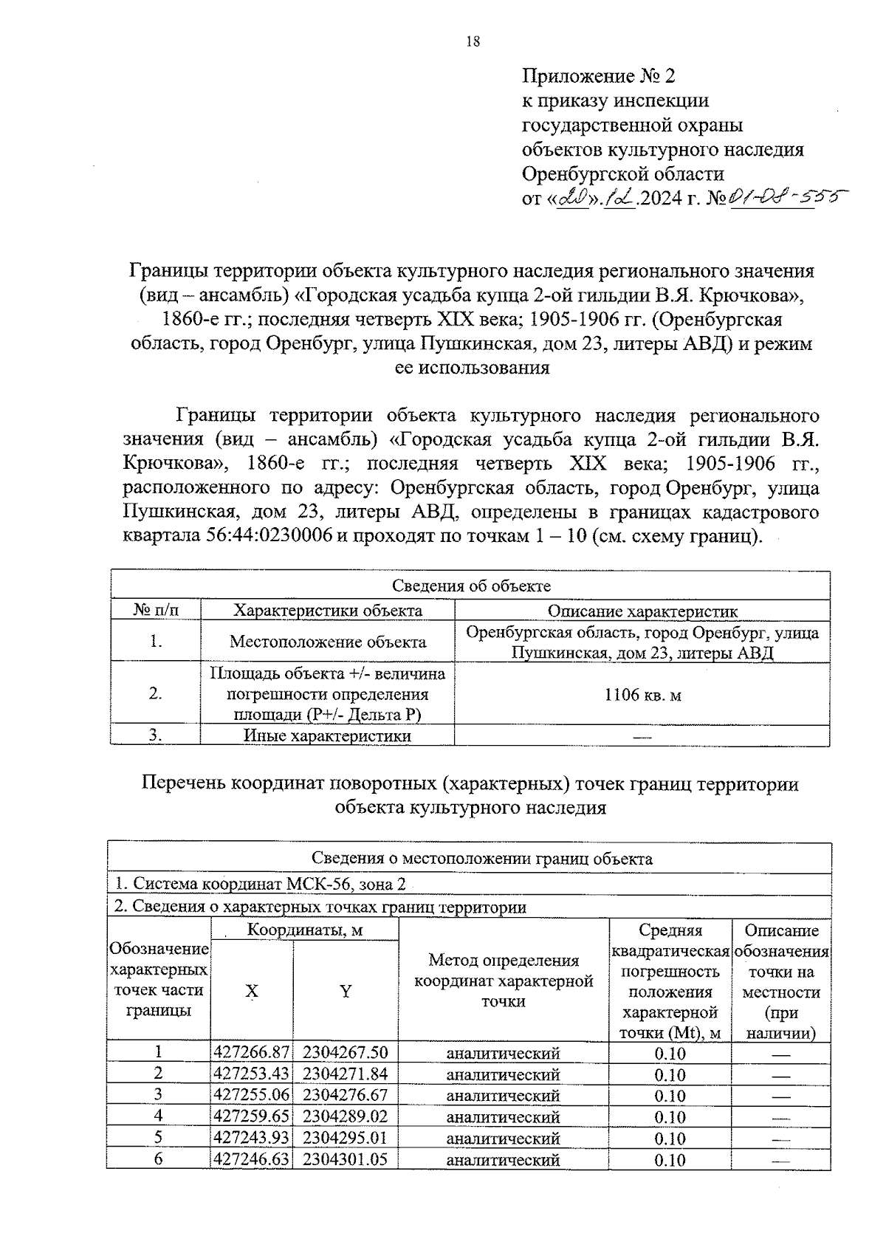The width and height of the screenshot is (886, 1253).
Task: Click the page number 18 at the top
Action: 473,42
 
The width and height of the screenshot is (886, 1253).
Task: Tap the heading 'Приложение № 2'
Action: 598,76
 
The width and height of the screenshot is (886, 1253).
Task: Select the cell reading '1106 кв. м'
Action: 642,694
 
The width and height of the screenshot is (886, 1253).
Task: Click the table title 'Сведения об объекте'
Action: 470,586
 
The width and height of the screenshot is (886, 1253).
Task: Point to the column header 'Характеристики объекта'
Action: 328,611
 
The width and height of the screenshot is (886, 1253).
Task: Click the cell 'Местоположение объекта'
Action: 328,642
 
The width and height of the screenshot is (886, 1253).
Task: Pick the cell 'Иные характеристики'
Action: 328,736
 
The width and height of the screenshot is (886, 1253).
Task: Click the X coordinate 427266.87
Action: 251,1053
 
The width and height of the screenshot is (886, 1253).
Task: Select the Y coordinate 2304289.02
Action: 345,1116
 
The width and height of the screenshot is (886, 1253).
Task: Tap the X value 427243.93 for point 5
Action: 251,1138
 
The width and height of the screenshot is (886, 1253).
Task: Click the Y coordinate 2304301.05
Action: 345,1159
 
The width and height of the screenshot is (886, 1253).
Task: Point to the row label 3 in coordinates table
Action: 158,1095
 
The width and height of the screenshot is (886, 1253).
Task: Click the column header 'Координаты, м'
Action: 304,930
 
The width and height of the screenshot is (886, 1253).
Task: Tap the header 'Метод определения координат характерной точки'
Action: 504,981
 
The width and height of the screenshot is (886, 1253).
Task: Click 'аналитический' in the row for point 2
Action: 504,1074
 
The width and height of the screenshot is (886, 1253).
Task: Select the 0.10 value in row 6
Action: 670,1160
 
